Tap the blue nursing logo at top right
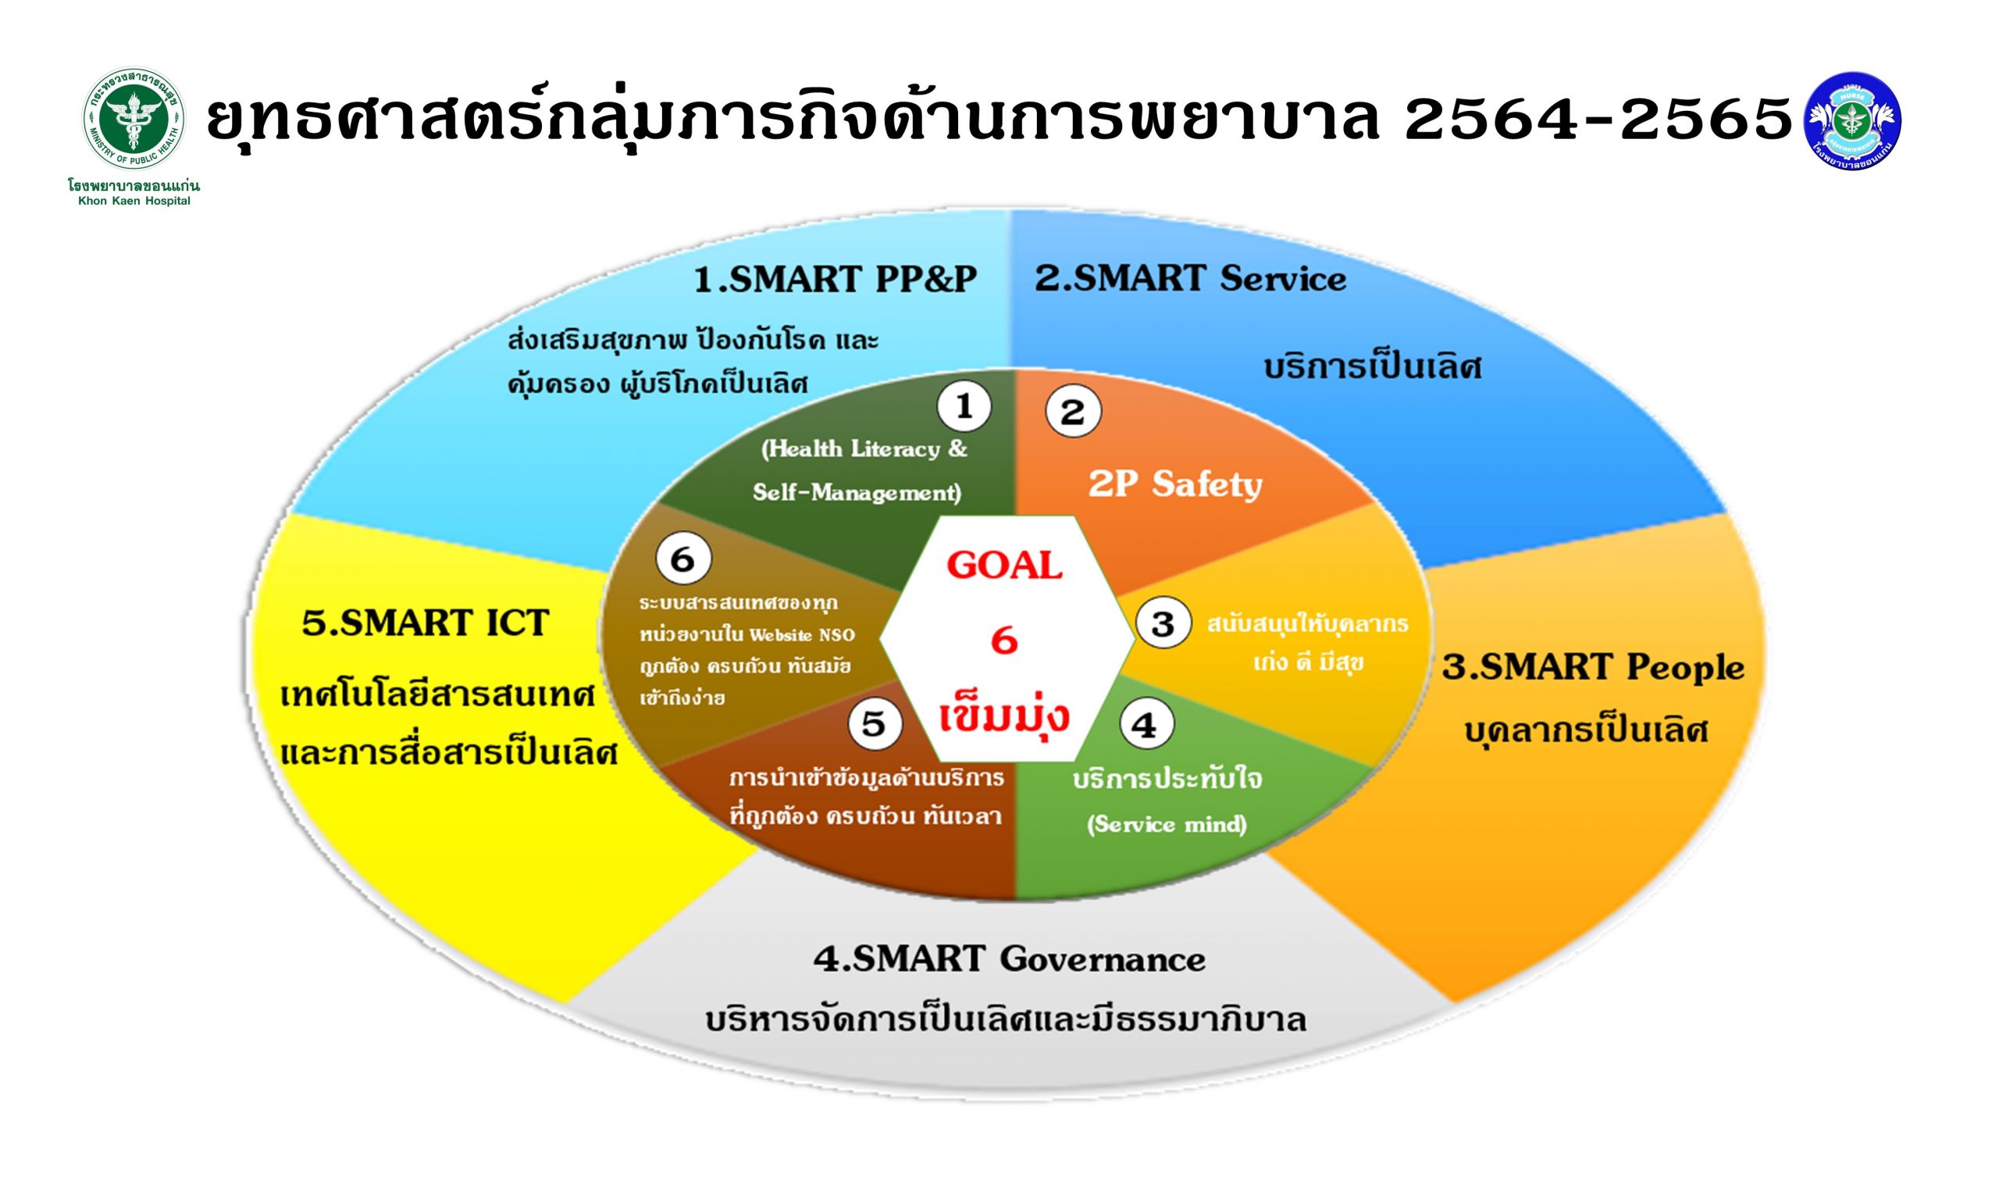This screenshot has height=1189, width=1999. coord(1851,121)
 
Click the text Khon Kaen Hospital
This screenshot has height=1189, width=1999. coord(134,201)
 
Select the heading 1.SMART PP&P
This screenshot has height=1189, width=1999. coord(835,280)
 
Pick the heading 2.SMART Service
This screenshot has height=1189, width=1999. coord(1190,279)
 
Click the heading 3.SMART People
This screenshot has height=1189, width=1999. coord(1593,667)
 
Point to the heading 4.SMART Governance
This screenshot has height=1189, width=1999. coord(1009,959)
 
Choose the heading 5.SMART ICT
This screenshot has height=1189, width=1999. coord(426,623)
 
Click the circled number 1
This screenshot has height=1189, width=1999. coord(964,407)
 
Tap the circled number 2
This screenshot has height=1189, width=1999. coord(1073,412)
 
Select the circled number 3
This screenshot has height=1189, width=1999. coord(1163,624)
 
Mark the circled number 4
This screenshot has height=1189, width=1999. coord(1145,724)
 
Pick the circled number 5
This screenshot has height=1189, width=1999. coord(875,723)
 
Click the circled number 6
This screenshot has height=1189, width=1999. coord(683,559)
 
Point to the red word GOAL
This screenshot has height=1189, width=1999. coord(1004,566)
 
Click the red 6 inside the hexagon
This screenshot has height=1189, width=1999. coord(1004,641)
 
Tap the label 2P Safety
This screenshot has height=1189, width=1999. coord(1175,484)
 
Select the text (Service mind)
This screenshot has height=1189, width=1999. coord(1166,823)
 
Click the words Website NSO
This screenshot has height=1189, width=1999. coord(802,635)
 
